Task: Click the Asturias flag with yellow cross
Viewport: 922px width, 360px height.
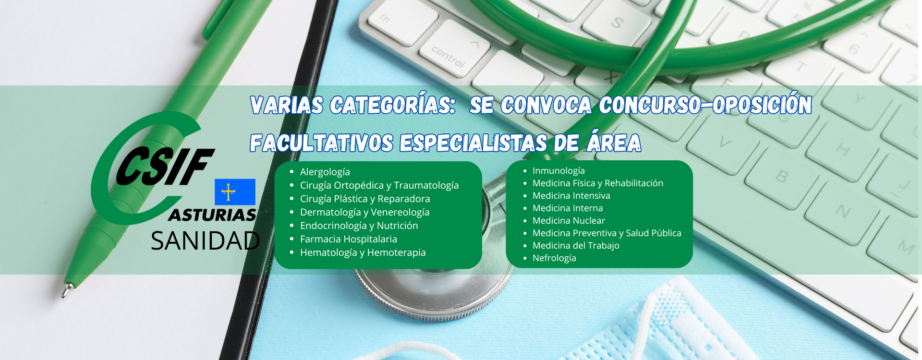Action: (235, 192)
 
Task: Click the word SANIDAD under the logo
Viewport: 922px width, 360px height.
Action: (206, 241)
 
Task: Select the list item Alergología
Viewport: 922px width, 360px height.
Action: (325, 172)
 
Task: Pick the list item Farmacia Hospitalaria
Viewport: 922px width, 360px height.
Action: (348, 239)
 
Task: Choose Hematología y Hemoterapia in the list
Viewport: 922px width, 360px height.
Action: (363, 252)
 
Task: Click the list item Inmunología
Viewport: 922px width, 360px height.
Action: (558, 171)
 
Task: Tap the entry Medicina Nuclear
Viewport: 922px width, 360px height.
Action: (569, 220)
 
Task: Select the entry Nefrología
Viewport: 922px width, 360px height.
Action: (554, 258)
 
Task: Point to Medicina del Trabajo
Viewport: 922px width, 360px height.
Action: (576, 245)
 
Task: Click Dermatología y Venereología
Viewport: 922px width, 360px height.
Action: (364, 212)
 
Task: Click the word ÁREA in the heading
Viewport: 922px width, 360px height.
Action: (614, 143)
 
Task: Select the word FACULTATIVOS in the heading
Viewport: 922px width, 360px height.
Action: (321, 143)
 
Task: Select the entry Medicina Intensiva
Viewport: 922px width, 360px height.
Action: (571, 195)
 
